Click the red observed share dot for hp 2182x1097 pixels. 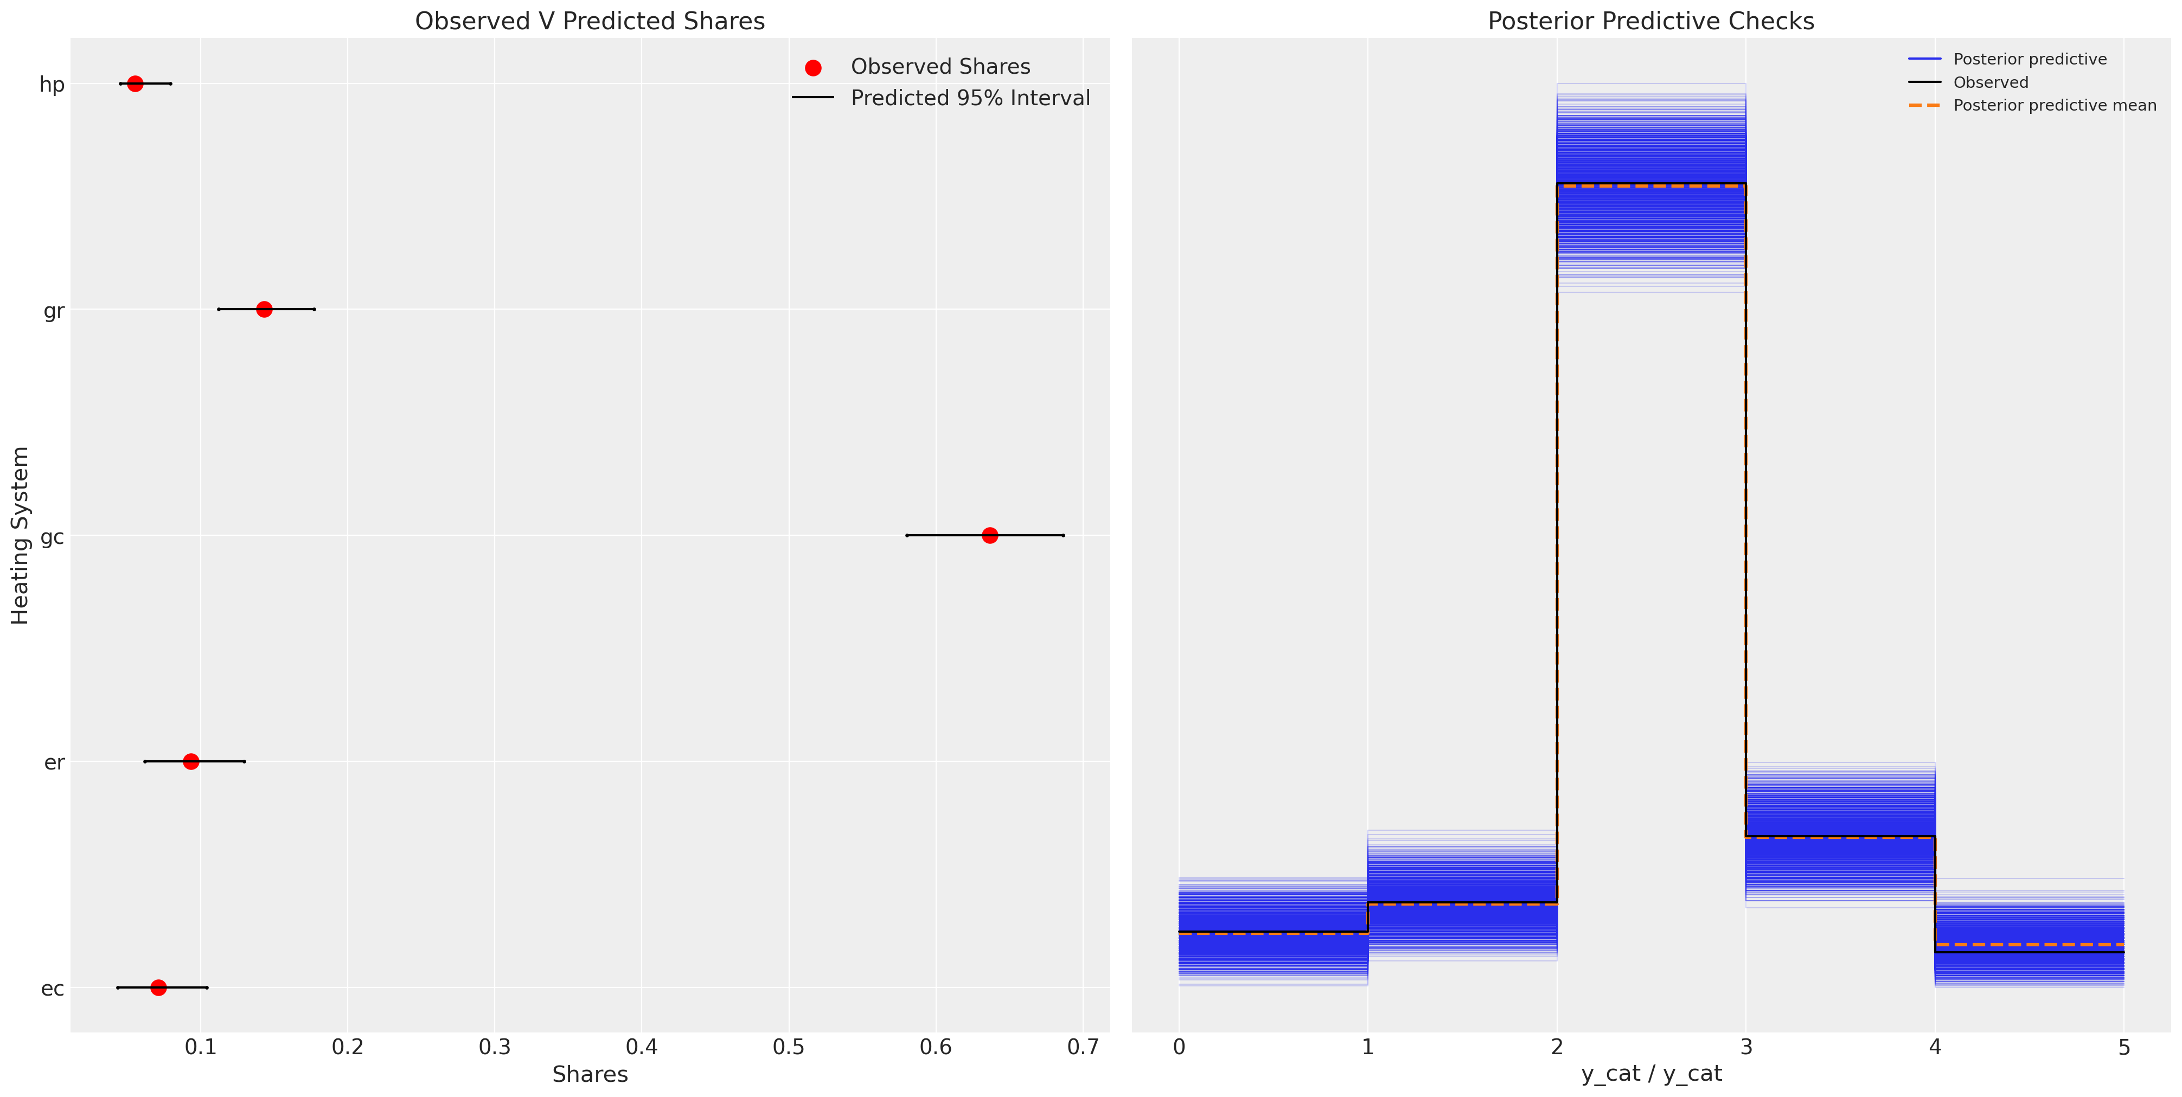[x=135, y=83]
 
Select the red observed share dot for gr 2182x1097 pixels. [x=264, y=309]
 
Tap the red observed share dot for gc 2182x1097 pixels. [x=989, y=535]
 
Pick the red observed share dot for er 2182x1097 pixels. [x=190, y=761]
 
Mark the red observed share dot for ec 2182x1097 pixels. [x=158, y=987]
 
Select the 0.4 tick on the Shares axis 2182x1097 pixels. [x=641, y=1048]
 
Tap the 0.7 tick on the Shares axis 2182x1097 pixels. [x=1083, y=1048]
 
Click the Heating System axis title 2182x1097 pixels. [x=20, y=535]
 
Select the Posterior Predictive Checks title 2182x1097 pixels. [x=1651, y=21]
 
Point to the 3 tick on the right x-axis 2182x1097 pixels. [x=1746, y=1048]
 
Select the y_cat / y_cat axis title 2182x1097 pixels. [x=1651, y=1074]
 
